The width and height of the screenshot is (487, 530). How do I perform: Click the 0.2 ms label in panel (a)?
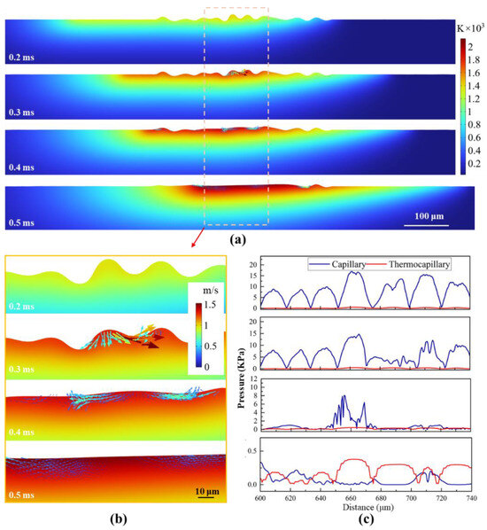pyautogui.click(x=21, y=57)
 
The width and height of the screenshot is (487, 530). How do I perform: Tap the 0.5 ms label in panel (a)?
pyautogui.click(x=21, y=222)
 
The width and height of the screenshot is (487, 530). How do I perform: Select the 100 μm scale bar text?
pyautogui.click(x=429, y=216)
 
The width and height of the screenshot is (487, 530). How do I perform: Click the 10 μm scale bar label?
pyautogui.click(x=207, y=491)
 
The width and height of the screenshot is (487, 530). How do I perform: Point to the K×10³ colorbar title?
pyautogui.click(x=470, y=28)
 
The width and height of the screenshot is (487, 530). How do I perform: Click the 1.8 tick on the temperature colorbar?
pyautogui.click(x=474, y=60)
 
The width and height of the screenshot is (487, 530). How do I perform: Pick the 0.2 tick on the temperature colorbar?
pyautogui.click(x=474, y=164)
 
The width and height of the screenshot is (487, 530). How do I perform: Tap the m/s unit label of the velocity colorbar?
pyautogui.click(x=211, y=290)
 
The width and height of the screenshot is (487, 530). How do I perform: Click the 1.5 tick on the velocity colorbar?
pyautogui.click(x=210, y=305)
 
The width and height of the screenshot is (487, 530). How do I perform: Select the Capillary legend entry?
pyautogui.click(x=337, y=264)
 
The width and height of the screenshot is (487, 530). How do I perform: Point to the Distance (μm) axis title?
pyautogui.click(x=368, y=507)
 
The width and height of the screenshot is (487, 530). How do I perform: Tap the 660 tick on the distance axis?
pyautogui.click(x=351, y=498)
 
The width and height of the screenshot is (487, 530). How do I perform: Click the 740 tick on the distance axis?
pyautogui.click(x=471, y=498)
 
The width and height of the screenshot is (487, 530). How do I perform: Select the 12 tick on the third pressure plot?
pyautogui.click(x=253, y=378)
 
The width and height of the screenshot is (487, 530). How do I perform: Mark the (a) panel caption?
pyautogui.click(x=238, y=239)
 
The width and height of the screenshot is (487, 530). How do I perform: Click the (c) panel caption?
pyautogui.click(x=366, y=518)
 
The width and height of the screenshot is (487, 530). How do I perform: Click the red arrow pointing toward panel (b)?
pyautogui.click(x=198, y=238)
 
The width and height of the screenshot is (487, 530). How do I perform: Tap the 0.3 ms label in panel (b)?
pyautogui.click(x=21, y=369)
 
